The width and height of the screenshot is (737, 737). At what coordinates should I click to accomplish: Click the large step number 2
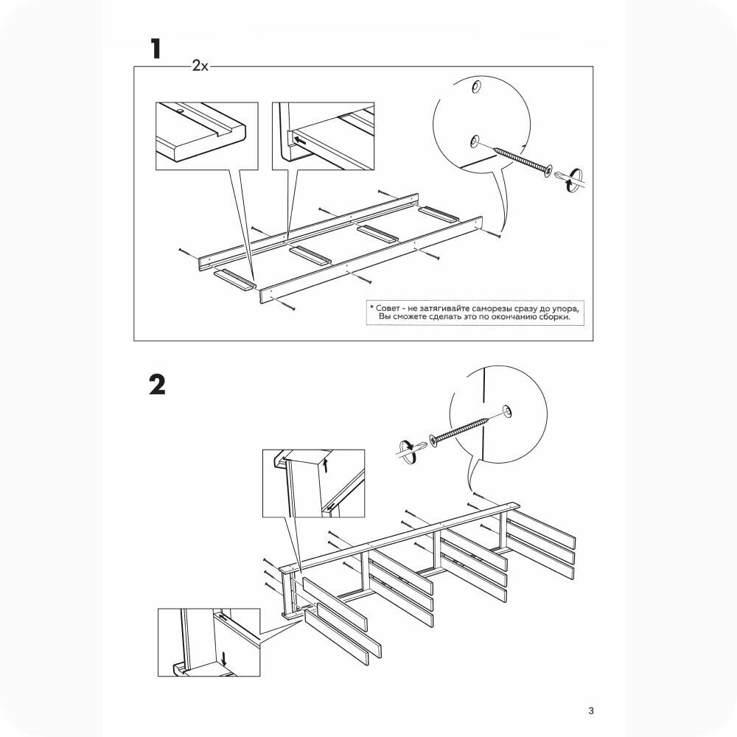[157, 385]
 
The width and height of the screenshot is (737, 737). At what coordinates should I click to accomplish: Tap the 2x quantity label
[200, 66]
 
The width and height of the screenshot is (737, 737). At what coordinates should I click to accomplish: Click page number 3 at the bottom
[590, 711]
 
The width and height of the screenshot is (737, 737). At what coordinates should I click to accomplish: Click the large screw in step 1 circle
[523, 158]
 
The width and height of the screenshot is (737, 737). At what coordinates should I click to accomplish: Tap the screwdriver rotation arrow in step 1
[567, 179]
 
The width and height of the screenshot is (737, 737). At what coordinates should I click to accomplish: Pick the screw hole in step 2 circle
[507, 410]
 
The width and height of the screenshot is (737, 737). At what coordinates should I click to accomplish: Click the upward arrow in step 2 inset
[325, 465]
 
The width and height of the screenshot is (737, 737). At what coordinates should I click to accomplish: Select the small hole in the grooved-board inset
[179, 112]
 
